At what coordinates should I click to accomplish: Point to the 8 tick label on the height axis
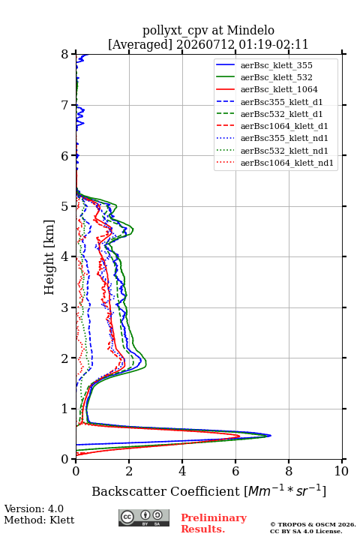tap(65, 54)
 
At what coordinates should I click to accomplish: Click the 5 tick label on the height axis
tap(65, 206)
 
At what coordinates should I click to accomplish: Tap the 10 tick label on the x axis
tap(341, 471)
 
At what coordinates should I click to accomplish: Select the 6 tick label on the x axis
tap(235, 471)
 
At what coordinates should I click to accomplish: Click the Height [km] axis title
tap(49, 257)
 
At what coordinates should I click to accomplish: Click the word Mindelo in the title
tap(250, 30)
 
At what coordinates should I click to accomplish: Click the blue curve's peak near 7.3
tap(271, 435)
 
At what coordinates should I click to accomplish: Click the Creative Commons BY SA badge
tap(144, 517)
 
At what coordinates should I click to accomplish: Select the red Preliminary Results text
tap(214, 523)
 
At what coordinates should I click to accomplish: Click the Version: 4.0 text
tap(34, 508)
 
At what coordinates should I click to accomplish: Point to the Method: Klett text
tap(39, 520)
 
